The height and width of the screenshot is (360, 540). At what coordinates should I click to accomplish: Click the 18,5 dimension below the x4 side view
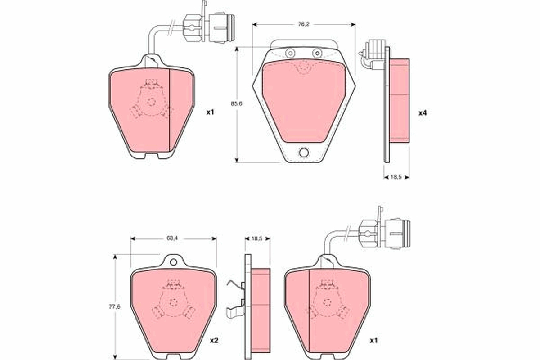point(396,177)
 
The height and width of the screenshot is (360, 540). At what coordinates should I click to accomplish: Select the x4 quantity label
point(422,113)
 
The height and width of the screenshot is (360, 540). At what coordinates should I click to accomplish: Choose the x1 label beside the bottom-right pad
point(373,341)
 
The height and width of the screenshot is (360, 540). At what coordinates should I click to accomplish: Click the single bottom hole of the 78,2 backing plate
point(304,153)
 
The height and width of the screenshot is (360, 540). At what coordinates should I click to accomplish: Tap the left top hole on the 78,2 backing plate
point(290,54)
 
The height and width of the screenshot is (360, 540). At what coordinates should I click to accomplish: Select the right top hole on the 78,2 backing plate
point(317,54)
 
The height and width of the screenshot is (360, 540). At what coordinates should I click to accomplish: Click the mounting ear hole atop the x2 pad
point(173,262)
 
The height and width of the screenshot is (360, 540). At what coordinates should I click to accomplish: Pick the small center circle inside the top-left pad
point(152,101)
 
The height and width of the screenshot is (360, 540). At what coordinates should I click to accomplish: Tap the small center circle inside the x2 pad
point(173,302)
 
